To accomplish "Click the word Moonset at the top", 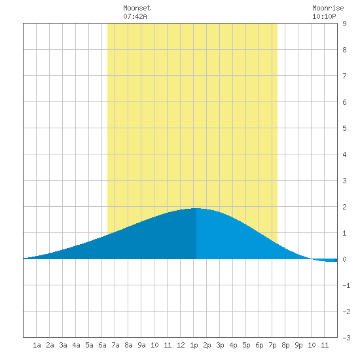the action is (x=137, y=8).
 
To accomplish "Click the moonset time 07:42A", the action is (x=135, y=16).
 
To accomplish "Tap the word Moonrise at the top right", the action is (x=328, y=8).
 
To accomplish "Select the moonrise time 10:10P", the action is (x=324, y=16).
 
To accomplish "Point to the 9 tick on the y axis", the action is (x=344, y=24).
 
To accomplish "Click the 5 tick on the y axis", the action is (x=344, y=128).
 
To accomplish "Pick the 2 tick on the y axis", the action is (x=344, y=207).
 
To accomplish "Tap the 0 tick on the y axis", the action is (x=344, y=259).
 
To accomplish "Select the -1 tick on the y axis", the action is (x=346, y=285).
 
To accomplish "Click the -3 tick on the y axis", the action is (x=346, y=338).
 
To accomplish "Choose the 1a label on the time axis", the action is (x=37, y=345).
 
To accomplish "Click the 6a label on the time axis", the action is (x=102, y=345).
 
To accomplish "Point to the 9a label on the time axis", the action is (x=141, y=345).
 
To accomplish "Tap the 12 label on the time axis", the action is (x=181, y=345).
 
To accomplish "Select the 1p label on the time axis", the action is (x=194, y=345).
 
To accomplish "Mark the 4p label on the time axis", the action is (x=233, y=345).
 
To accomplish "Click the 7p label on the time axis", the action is (x=272, y=345).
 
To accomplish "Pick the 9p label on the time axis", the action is (x=298, y=345).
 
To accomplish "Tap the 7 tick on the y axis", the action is (x=344, y=76).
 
